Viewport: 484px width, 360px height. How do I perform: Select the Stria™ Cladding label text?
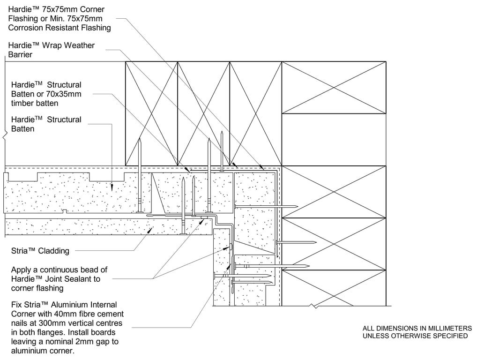click(40, 251)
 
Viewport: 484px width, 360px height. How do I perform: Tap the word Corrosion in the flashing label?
click(26, 28)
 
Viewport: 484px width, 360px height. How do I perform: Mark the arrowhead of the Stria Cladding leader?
click(149, 230)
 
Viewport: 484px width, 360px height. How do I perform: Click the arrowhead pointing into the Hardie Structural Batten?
click(112, 187)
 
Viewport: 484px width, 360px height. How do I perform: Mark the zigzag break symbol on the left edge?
click(5, 136)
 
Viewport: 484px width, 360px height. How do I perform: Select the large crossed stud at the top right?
click(334, 87)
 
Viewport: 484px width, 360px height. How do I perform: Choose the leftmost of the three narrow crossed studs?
click(151, 113)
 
